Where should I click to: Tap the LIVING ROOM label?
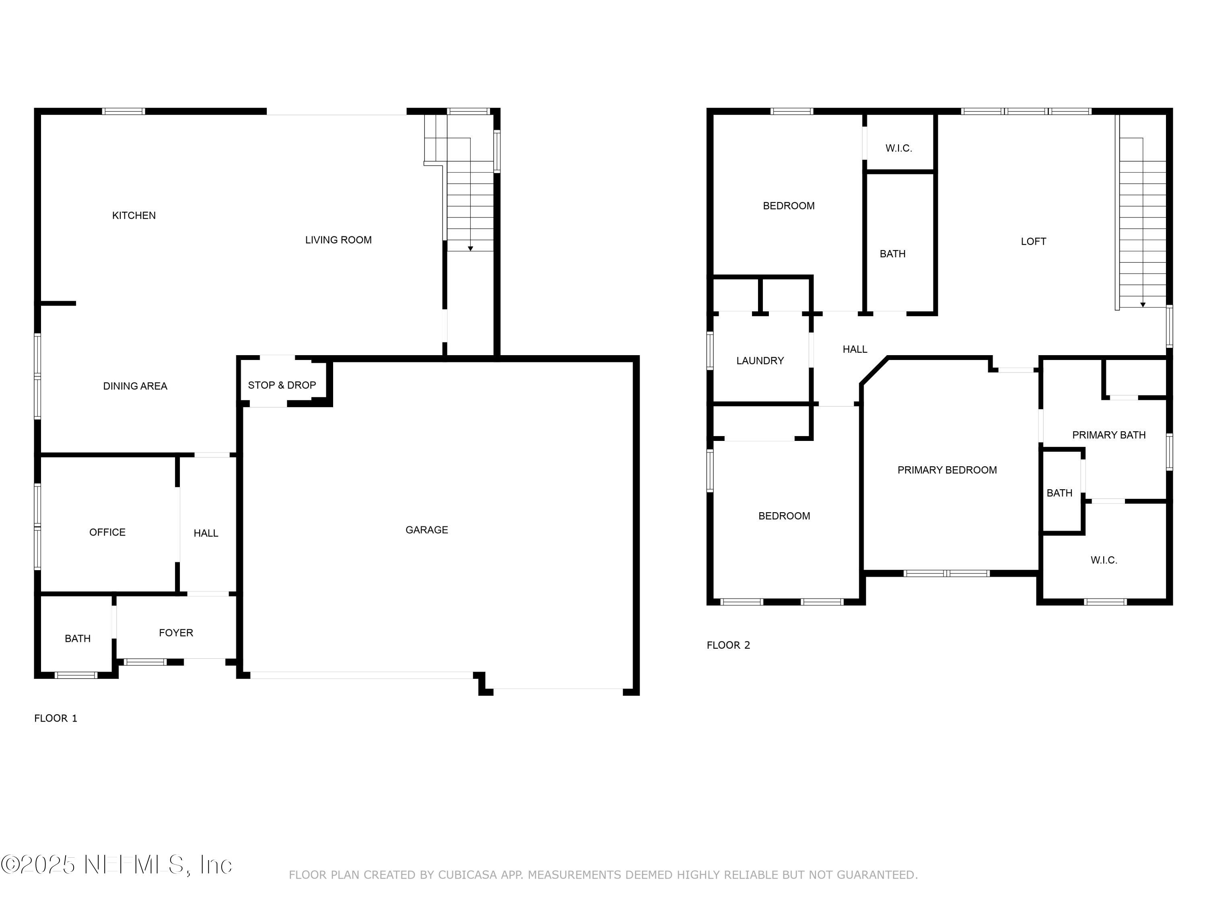[x=338, y=240]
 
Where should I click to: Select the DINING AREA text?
[x=135, y=386]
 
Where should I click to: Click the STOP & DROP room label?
[x=282, y=385]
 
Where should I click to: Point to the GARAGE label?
[x=427, y=530]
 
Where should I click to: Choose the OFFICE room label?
[x=107, y=532]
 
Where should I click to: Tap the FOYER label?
[x=176, y=633]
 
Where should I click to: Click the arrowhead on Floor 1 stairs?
[x=470, y=248]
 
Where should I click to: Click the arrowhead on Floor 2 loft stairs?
[x=1143, y=305]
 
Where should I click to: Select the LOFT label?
[x=1033, y=241]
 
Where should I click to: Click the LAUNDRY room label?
[x=760, y=361]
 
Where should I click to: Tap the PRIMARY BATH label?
[x=1108, y=435]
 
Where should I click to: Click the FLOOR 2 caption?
[x=728, y=645]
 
